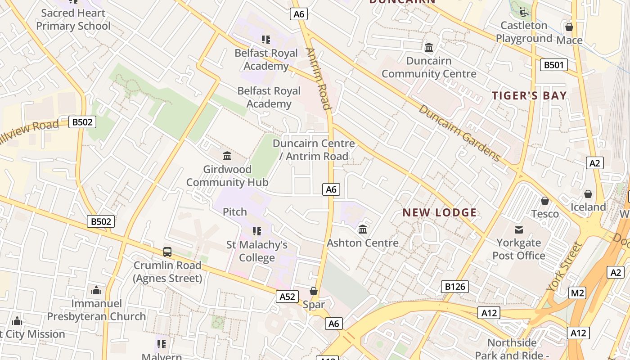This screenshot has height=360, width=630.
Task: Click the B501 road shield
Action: (553, 65)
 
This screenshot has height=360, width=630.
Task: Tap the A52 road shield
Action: (287, 296)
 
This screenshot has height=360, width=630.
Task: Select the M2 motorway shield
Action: (577, 293)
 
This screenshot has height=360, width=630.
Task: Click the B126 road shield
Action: (455, 286)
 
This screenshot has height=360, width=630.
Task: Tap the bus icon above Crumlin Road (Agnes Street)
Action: (167, 252)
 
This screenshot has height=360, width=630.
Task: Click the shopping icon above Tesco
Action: (545, 201)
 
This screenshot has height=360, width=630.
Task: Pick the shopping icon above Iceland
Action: (588, 194)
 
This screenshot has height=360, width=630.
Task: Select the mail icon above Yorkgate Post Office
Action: (519, 230)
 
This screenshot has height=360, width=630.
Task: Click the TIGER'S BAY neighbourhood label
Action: (529, 95)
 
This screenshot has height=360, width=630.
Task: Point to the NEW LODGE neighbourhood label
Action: (439, 212)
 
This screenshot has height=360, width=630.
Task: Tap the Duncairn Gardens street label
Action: (459, 133)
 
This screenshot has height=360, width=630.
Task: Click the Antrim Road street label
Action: (319, 79)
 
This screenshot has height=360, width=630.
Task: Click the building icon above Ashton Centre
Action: (363, 229)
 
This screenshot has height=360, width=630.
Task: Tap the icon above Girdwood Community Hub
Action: (227, 156)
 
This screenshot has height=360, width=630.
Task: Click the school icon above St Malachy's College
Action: (257, 231)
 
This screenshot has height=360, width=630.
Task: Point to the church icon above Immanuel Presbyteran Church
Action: (96, 290)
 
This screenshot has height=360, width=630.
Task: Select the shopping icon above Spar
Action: (314, 292)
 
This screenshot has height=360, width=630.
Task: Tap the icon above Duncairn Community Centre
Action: (429, 47)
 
